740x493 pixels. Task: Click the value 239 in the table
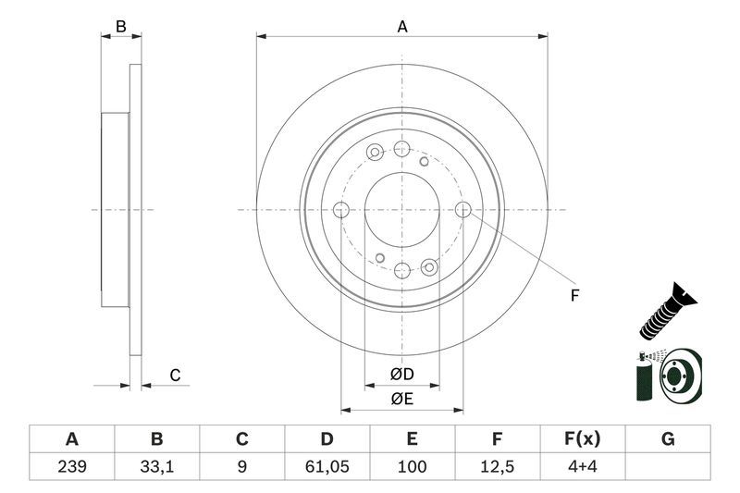70,467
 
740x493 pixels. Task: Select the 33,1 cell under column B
156,467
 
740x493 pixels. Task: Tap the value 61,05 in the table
327,467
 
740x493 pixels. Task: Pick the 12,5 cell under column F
497,467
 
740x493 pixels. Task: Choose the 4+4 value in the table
582,467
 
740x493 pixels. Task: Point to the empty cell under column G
667,467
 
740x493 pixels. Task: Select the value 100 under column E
412,467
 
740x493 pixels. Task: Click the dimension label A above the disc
402,28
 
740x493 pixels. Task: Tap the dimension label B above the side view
120,28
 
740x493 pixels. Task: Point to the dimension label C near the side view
174,375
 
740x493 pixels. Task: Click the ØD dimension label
401,374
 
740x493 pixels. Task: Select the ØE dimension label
401,400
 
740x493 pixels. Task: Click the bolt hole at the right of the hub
463,210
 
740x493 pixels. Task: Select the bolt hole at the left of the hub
340,210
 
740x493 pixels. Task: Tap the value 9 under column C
241,467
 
